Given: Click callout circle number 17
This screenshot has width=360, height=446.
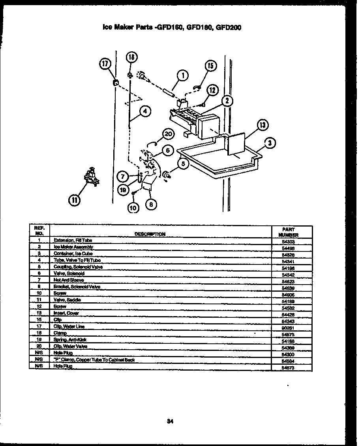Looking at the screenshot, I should (105, 64).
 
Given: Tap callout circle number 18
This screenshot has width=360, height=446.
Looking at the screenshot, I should (131, 58).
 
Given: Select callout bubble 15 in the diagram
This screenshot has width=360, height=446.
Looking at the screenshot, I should (210, 66).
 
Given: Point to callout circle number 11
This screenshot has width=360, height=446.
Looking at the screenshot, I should (74, 201).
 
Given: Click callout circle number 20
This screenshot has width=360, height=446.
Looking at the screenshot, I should (168, 134).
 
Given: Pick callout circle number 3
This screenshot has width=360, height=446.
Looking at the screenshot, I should (269, 144).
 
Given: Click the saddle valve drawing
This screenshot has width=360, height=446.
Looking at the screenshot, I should (92, 176).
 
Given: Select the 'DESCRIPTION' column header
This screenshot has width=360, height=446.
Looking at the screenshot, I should (150, 234).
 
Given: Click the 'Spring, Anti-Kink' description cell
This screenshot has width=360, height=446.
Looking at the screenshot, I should (70, 340).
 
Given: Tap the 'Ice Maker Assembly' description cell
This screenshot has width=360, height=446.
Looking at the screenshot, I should (73, 247).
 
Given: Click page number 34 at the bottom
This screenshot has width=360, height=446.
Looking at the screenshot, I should (170, 421).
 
